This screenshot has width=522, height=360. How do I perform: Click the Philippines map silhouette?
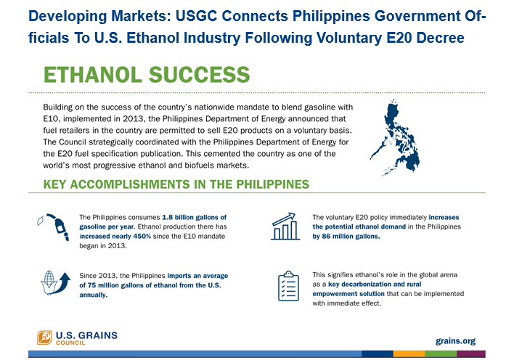pos(398,140)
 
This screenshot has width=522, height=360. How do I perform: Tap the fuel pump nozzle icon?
pos(57,226)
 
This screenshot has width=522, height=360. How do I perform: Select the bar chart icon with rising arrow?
pos(285,226)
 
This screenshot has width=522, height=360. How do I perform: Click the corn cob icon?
pos(49,282)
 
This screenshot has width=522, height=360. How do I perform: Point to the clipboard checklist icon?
pos(288,286)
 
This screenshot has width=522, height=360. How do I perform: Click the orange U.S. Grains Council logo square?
pos(44,337)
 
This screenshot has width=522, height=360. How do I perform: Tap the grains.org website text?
pos(455,341)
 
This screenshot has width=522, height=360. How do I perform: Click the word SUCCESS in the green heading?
pos(199,75)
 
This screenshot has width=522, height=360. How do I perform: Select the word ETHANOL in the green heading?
pos(92,75)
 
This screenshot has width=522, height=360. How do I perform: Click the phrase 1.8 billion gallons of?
pos(194,217)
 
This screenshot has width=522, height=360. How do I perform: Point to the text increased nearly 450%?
pos(115,236)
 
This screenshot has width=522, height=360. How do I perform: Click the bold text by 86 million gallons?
pos(346,236)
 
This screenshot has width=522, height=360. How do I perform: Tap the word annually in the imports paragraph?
pos(93,295)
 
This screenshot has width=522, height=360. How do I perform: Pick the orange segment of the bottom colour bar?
pos(409,354)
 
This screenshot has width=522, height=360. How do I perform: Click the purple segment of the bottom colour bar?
pos(471,354)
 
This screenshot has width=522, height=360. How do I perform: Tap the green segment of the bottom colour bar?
pos(441,354)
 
